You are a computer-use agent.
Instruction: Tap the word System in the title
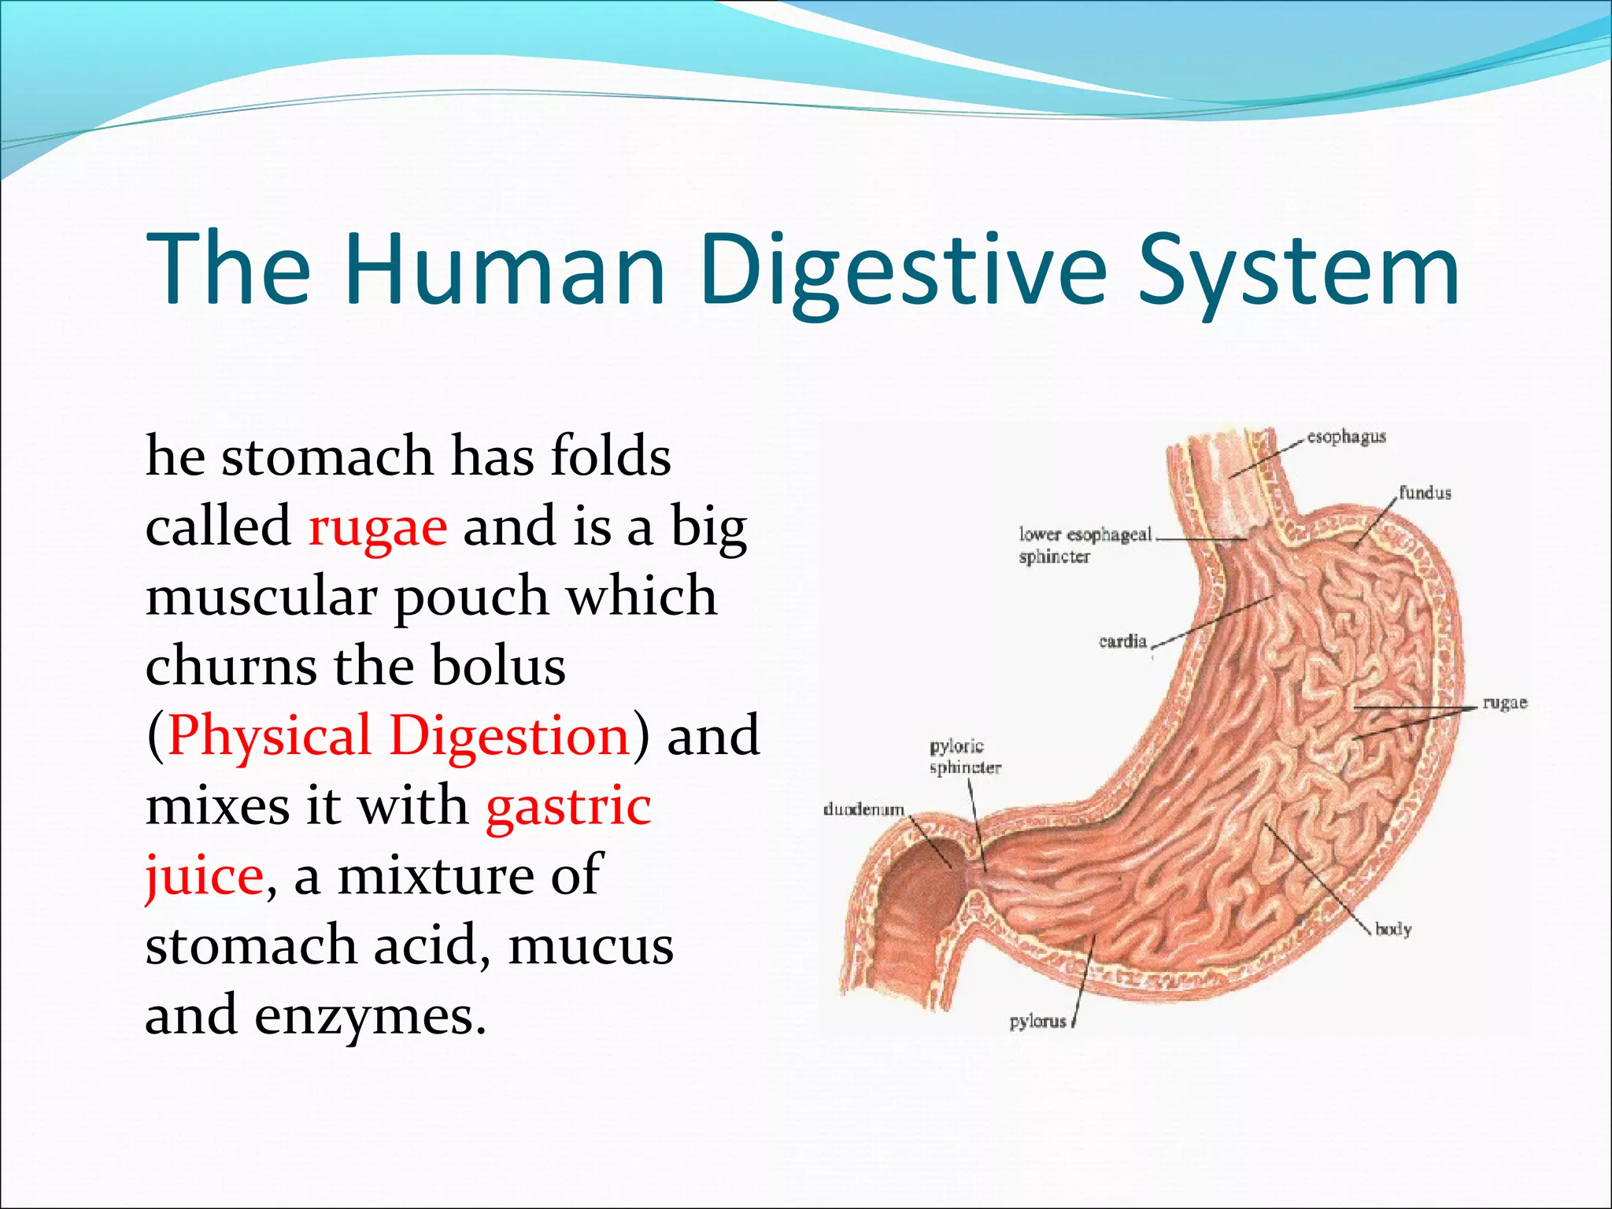[x=1299, y=269]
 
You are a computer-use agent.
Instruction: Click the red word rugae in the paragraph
[x=378, y=527]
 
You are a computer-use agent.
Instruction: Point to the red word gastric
[x=568, y=808]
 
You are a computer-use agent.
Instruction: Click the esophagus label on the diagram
[x=1346, y=437]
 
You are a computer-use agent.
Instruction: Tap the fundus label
[x=1425, y=494]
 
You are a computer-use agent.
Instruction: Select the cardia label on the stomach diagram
[x=1122, y=641]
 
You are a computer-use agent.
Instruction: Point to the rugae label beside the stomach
[x=1504, y=703]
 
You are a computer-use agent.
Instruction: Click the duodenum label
[x=863, y=810]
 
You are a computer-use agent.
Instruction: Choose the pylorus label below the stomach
[x=1037, y=1022]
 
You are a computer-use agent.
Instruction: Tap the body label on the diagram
[x=1393, y=930]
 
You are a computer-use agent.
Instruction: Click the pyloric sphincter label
[x=964, y=756]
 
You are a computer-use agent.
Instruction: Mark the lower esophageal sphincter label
[x=1085, y=545]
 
